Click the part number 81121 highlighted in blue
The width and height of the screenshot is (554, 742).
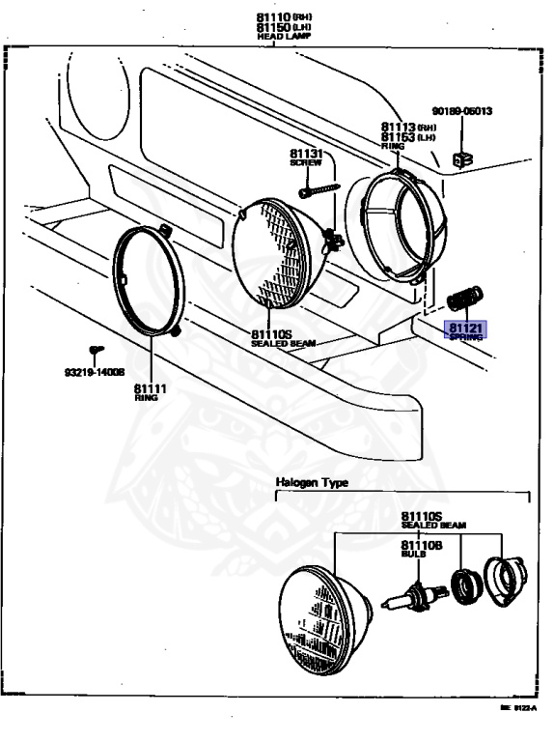click(x=465, y=328)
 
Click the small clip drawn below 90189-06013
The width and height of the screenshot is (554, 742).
click(x=462, y=157)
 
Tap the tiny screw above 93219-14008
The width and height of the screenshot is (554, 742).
click(x=95, y=350)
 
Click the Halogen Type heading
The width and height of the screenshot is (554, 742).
click(x=312, y=481)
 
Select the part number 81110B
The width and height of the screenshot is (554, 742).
click(x=422, y=545)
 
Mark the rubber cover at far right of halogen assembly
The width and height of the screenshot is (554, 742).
click(x=503, y=580)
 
